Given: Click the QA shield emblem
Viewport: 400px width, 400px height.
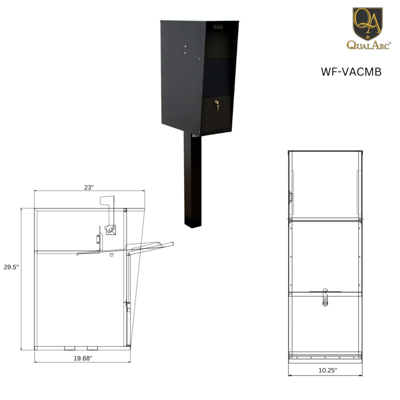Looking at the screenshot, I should tap(367, 22).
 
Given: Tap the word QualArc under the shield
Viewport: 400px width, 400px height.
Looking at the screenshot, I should tap(368, 45).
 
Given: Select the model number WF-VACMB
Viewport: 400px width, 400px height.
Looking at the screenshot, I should tap(351, 71).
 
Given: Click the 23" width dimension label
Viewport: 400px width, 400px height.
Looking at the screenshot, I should tap(89, 187).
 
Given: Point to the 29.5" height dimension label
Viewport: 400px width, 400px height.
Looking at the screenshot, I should tap(11, 267).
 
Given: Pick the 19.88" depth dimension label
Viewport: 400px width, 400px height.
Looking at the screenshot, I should tap(83, 358).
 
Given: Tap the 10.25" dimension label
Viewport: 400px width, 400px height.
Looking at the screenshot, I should tap(327, 370).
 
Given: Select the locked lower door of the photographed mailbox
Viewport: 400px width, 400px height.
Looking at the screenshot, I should tap(216, 114).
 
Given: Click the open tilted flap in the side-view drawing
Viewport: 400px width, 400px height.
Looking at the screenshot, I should tap(150, 246).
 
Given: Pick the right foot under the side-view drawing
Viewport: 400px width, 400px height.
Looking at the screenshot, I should tap(92, 348).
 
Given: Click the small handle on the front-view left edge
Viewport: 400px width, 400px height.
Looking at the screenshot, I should tap(289, 196).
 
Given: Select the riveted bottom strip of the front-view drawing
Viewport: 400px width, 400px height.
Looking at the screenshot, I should tap(325, 357).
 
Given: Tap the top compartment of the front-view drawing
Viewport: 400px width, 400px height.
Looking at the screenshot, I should tap(325, 185).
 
